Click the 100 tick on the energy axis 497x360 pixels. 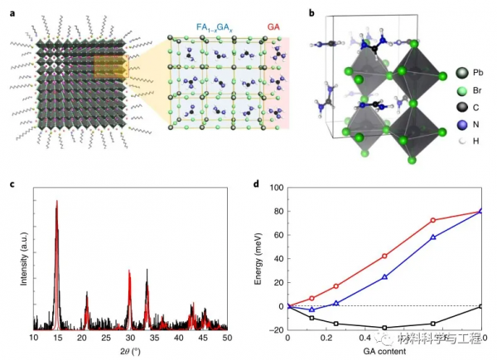click(x=277, y=188)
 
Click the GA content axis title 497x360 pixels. click(x=384, y=352)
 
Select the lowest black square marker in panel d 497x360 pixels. click(x=384, y=328)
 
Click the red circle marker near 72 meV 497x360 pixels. click(x=433, y=220)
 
